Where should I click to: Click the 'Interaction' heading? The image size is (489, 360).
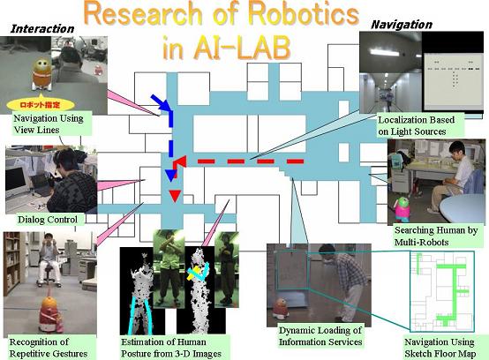42,29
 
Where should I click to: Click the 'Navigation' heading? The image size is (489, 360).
402,25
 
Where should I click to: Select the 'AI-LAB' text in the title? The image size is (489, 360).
242,49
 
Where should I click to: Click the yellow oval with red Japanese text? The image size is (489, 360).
41,105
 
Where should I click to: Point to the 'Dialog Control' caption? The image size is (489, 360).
48,220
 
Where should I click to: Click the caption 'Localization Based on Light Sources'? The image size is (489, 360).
416,125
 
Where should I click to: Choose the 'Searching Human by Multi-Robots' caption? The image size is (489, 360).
436,236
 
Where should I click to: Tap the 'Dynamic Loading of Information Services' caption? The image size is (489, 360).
320,336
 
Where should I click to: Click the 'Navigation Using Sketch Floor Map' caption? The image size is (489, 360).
440,348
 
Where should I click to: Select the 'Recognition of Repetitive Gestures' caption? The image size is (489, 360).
49,348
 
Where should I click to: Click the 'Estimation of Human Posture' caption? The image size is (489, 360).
171,348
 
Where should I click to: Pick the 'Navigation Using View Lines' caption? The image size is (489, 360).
49,124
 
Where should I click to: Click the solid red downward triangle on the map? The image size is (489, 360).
175,196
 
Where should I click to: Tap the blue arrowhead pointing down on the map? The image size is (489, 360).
170,176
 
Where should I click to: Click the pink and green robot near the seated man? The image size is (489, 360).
400,209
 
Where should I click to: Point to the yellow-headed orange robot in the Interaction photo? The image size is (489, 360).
42,74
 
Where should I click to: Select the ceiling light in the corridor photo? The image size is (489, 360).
384,52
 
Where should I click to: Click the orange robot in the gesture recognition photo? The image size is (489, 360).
50,315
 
